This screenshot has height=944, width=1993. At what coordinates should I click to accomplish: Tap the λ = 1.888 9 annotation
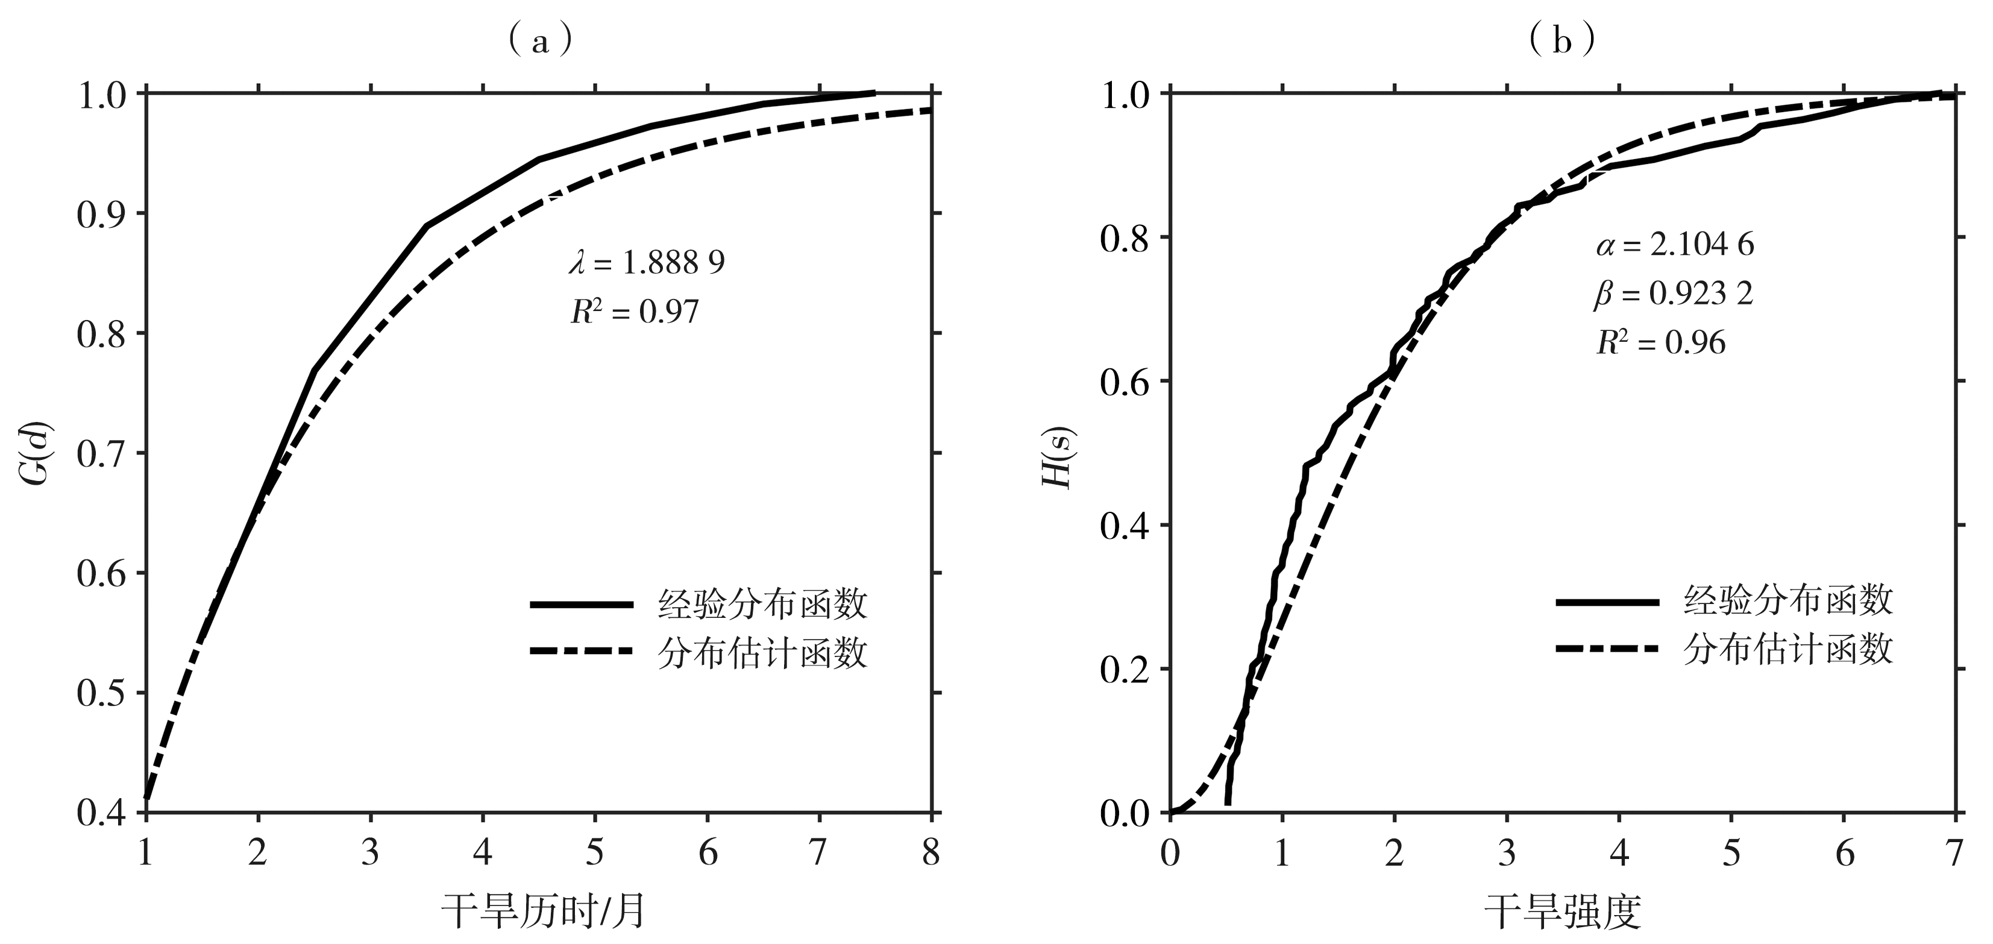647,263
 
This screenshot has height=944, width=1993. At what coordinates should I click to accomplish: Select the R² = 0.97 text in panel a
635,312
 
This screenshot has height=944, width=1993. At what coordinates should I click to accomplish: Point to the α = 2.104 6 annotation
1675,245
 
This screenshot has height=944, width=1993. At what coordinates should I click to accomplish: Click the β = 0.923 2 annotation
1674,294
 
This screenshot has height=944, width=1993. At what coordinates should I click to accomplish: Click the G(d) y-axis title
36,453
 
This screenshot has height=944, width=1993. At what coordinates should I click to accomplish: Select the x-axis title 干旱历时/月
543,911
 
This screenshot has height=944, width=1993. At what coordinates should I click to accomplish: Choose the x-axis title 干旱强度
1563,911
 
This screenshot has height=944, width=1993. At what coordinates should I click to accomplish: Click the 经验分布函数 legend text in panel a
763,604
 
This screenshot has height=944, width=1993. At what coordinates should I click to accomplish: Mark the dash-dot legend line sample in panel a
582,651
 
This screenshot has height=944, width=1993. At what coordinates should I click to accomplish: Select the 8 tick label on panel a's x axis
931,852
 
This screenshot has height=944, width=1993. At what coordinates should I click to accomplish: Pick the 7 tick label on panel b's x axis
1955,852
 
